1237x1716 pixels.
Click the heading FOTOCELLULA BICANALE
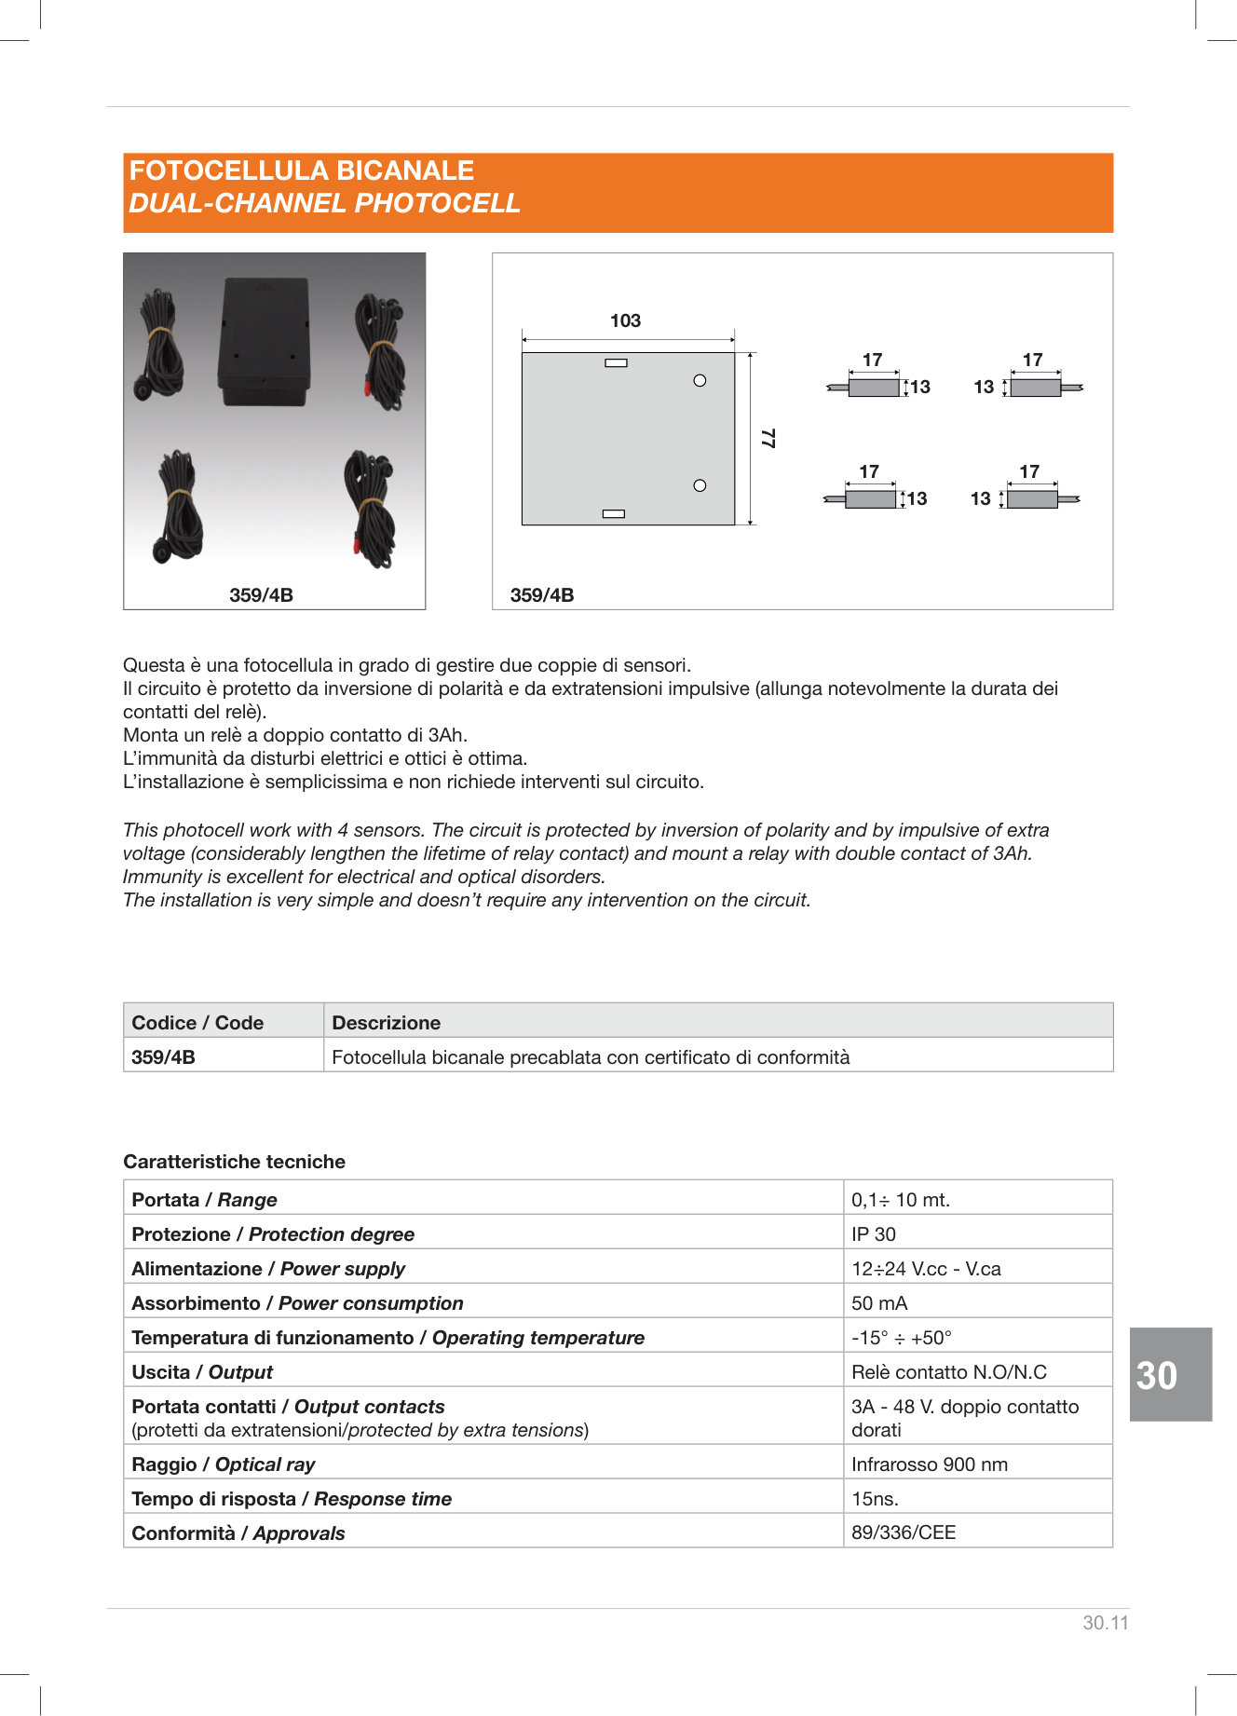[301, 170]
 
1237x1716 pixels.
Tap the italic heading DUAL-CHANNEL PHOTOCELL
[324, 203]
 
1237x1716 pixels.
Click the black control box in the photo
[265, 341]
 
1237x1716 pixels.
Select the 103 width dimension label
[625, 320]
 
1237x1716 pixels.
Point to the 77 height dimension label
[768, 438]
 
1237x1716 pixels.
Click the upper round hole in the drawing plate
[700, 380]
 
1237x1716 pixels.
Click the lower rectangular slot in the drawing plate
[613, 513]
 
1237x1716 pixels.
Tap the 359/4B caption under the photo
[261, 594]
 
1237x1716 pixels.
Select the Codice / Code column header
[197, 1022]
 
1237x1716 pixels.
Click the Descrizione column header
[386, 1022]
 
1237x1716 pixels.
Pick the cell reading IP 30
[873, 1233]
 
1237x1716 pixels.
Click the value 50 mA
[878, 1302]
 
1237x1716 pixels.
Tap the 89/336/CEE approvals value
[903, 1532]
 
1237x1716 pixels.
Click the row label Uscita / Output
[202, 1371]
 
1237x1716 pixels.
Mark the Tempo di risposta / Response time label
[292, 1498]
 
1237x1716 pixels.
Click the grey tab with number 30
[1169, 1374]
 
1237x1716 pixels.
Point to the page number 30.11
[1105, 1622]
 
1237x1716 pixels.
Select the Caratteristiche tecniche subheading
[234, 1161]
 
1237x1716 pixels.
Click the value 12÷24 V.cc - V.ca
[925, 1268]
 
